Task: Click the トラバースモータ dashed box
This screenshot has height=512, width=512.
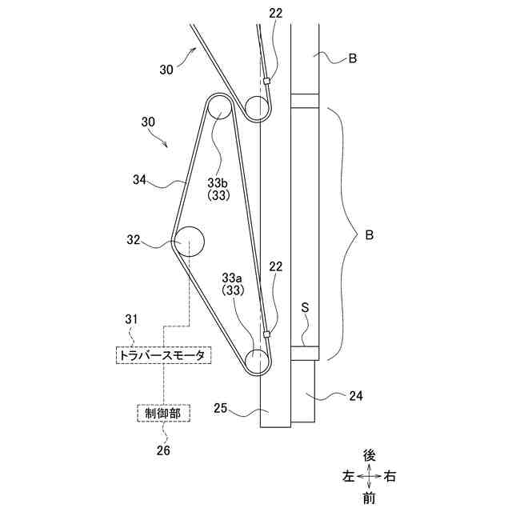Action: [x=162, y=355]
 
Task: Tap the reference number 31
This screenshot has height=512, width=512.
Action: [x=132, y=320]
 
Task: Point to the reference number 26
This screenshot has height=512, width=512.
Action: [x=163, y=450]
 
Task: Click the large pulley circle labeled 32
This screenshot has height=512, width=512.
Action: [x=190, y=240]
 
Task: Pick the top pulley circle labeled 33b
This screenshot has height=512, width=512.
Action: [x=220, y=108]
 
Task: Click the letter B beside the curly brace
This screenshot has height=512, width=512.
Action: [x=369, y=236]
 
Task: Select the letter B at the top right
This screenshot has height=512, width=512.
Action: [x=353, y=58]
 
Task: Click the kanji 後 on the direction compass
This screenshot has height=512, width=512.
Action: [x=369, y=455]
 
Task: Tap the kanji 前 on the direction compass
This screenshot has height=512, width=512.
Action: [x=369, y=498]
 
